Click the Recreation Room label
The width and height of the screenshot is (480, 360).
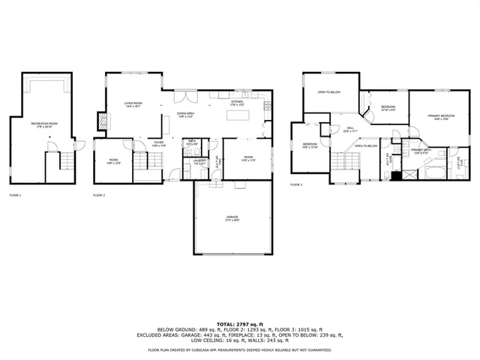tap(44, 124)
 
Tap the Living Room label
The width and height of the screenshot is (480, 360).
tap(133, 104)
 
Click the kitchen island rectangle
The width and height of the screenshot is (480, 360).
tap(238, 115)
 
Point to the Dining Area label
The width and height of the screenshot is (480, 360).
tap(186, 115)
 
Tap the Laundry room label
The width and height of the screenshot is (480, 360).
tap(199, 160)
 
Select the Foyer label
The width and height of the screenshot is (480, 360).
tap(159, 142)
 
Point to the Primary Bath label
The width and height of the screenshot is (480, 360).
tap(420, 151)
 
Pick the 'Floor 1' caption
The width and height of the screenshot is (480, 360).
tap(15, 195)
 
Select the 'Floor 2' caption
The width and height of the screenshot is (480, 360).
tap(99, 195)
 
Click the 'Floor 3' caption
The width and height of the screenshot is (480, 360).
tap(296, 184)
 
